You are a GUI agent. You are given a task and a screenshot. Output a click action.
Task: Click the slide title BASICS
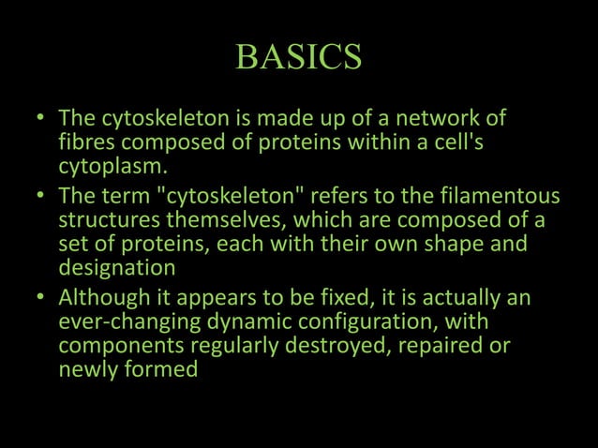tap(298, 58)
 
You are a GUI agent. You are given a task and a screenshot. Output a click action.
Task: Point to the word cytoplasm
tap(111, 169)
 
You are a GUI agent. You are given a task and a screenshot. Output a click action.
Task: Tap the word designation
tap(116, 268)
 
